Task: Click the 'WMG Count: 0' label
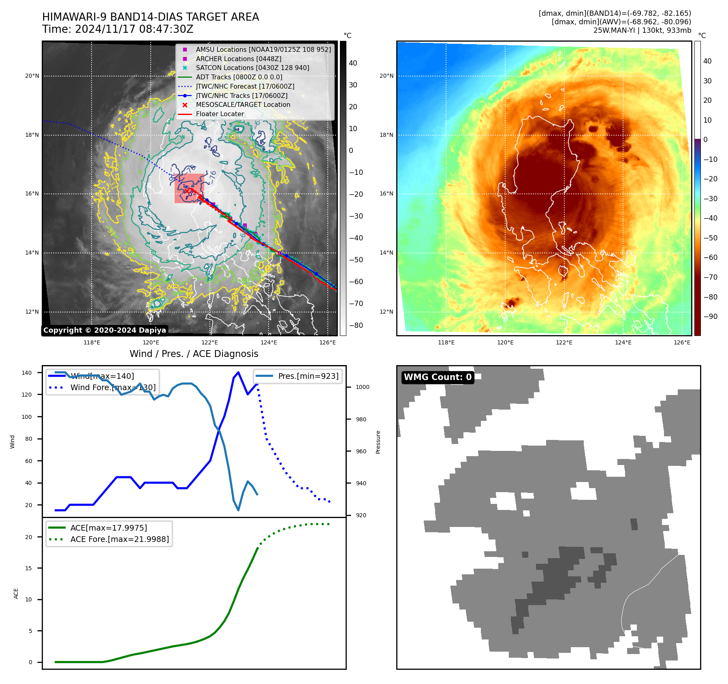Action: point(438,377)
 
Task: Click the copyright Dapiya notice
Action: point(105,330)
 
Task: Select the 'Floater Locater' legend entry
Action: point(220,114)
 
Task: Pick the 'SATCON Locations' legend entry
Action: point(252,68)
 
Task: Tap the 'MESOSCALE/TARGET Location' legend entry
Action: point(243,105)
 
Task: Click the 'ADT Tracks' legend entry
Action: point(239,77)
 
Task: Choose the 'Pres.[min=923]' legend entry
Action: point(308,376)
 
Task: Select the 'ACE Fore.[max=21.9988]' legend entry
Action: point(120,539)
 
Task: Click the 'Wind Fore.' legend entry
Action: point(113,387)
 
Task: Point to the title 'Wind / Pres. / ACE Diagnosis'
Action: point(194,354)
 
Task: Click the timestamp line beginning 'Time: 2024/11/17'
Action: point(117,30)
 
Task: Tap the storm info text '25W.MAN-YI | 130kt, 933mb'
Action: point(642,30)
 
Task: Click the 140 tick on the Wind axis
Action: point(26,373)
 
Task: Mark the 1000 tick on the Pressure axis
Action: point(363,387)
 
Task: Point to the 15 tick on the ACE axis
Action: point(28,568)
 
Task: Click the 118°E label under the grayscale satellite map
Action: point(92,342)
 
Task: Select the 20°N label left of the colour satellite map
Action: point(386,76)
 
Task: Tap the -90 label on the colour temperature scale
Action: point(710,317)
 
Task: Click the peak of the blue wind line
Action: point(238,372)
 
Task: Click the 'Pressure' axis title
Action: point(378,442)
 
